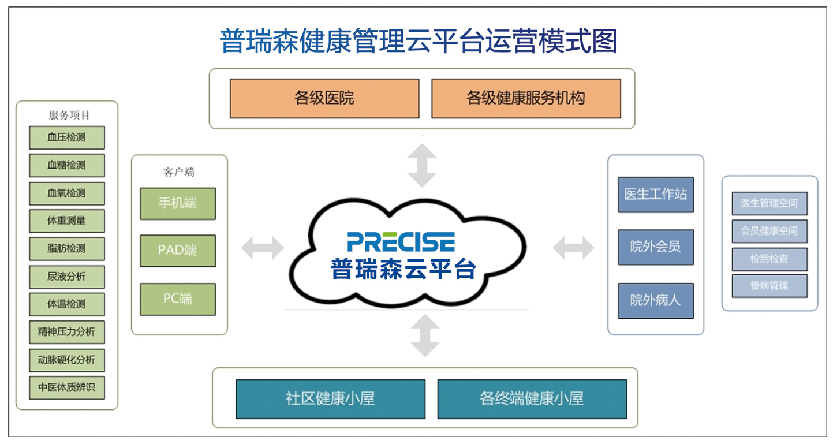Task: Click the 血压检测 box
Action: pos(67,137)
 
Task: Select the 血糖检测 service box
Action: pos(67,165)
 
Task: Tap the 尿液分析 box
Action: pos(67,277)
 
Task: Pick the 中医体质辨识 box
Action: pos(67,387)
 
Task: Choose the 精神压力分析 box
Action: pos(67,332)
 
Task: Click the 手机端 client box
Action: pos(178,203)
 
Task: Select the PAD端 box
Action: pos(178,251)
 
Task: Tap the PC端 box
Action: pos(178,299)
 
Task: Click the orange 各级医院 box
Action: pos(324,98)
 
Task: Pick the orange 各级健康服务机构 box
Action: pos(526,98)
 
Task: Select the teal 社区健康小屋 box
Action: pos(331,399)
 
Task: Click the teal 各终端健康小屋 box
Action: pos(532,399)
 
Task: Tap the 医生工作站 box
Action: pos(656,195)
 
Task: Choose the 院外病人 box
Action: pos(656,301)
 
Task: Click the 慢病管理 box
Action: pos(769,286)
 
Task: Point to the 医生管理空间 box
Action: pos(769,203)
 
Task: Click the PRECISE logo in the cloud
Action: pos(401,242)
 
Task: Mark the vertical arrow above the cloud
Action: pos(422,166)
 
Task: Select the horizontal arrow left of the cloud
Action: pos(263,248)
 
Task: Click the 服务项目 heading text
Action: pos(69,115)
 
